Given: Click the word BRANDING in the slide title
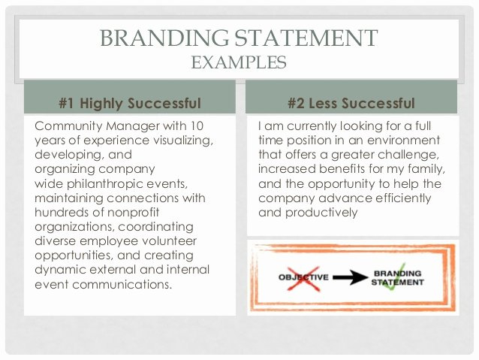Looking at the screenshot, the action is coord(164,38).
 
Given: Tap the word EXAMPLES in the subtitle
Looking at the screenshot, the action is coord(239,62).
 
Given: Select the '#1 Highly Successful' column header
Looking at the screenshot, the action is coord(130,103).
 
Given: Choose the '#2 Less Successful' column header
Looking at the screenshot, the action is coord(351,103).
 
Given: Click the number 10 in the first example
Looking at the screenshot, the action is coord(196,126).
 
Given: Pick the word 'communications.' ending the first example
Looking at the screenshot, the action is coord(122,284).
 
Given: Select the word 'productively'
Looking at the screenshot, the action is coord(321,213).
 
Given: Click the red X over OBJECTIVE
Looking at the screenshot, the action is coord(303,278).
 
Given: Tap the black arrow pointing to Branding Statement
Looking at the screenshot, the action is coord(351,277).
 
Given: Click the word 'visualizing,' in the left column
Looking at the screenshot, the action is coord(183,141).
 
